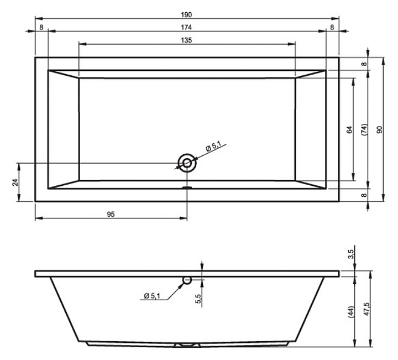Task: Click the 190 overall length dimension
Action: click(x=186, y=15)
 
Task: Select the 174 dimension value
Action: click(x=186, y=28)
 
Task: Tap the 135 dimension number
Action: click(x=186, y=40)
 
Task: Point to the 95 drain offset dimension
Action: click(x=111, y=215)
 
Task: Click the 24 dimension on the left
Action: click(x=15, y=182)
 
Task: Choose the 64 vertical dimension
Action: click(x=349, y=129)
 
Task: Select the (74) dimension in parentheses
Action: click(x=364, y=129)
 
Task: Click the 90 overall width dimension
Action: click(x=379, y=129)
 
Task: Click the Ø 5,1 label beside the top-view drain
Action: click(x=213, y=147)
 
